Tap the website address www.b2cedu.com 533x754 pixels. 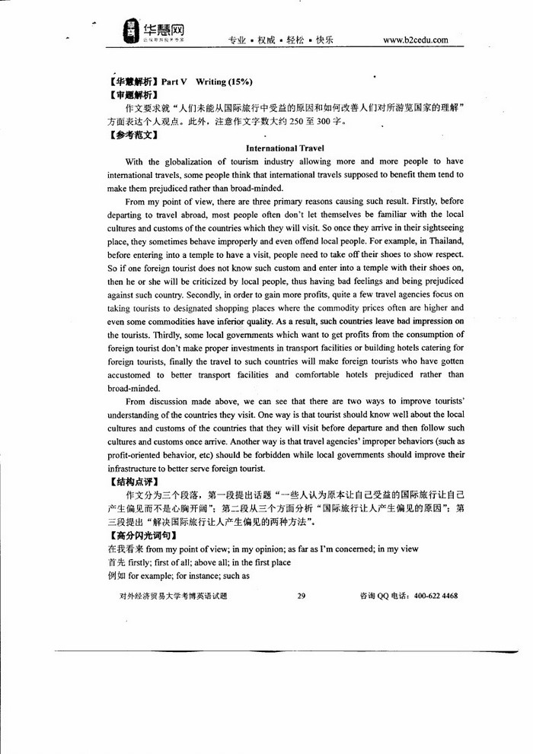click(x=416, y=40)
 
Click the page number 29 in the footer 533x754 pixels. click(x=301, y=597)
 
